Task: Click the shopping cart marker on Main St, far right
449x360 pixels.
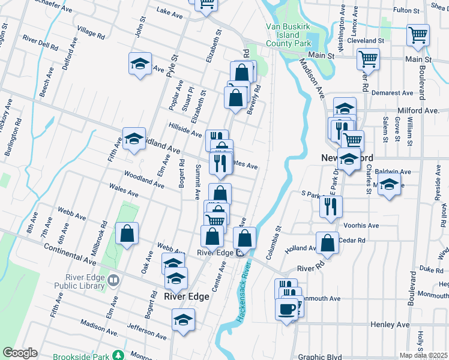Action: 417,35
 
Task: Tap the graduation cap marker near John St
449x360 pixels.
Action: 139,64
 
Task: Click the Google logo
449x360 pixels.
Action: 20,353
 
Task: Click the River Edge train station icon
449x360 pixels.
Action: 240,253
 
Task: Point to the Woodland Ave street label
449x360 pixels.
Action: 144,180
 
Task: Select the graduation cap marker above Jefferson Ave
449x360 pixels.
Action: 183,320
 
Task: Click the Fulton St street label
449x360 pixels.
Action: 423,11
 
